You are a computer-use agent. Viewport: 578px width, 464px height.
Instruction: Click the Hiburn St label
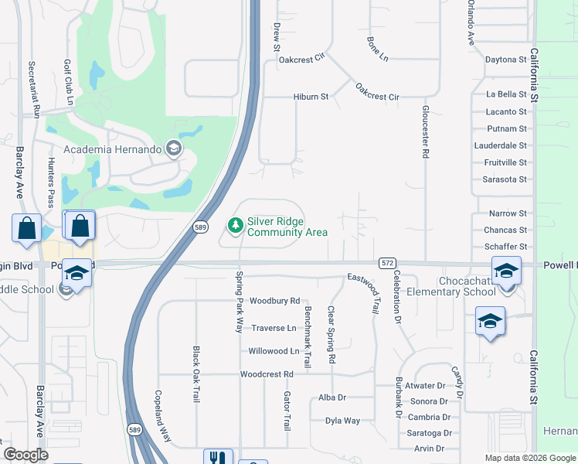(x=311, y=97)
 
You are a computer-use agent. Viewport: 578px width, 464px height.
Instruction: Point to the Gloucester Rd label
(x=425, y=132)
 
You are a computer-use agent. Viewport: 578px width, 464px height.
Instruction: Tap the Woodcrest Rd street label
(x=267, y=374)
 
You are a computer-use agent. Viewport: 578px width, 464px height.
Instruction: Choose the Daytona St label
(x=505, y=60)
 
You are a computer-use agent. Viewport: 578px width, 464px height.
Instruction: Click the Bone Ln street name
(x=377, y=49)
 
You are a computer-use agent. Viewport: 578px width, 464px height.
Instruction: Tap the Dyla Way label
(x=342, y=421)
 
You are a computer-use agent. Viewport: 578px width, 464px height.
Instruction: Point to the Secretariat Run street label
(x=34, y=89)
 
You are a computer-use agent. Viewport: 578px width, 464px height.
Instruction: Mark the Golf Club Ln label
(x=70, y=81)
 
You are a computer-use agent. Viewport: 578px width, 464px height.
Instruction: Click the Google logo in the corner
(x=25, y=455)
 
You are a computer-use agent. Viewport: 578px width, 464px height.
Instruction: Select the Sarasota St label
(x=505, y=179)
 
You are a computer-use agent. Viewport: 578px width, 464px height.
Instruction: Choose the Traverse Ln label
(x=274, y=328)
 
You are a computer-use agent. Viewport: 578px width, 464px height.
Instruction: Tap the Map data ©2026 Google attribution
(x=529, y=458)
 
